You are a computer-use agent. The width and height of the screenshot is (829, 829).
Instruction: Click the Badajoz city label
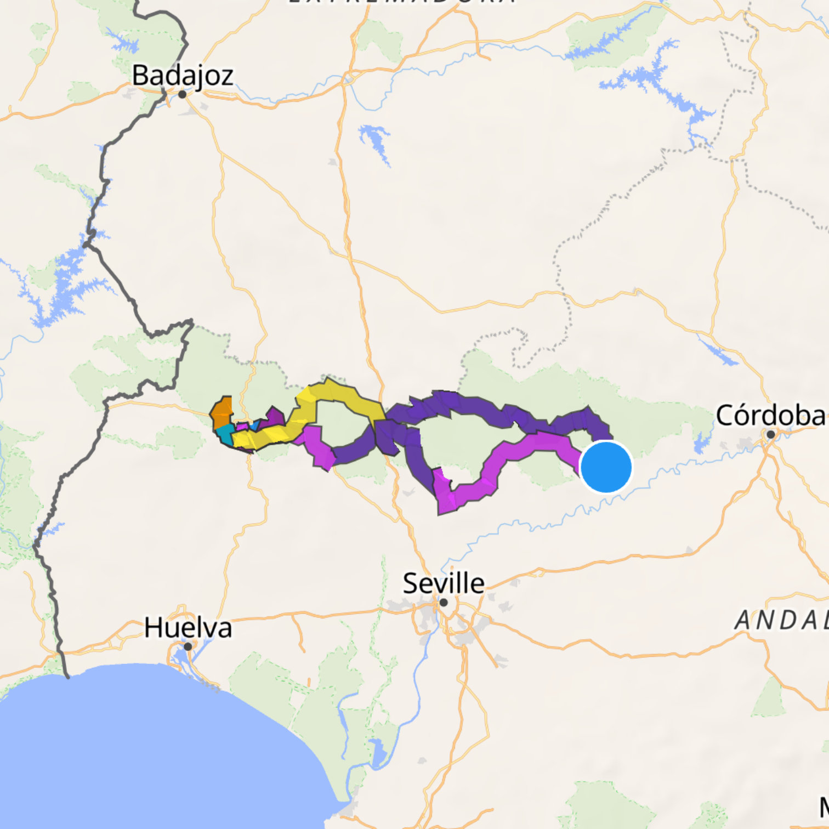(183, 75)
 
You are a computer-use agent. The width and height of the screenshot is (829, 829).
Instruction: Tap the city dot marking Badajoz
(183, 94)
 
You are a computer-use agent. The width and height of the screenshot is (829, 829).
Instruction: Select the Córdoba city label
(771, 416)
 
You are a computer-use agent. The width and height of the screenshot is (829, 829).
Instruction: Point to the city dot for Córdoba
(770, 435)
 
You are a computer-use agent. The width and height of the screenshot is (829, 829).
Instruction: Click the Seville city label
(444, 583)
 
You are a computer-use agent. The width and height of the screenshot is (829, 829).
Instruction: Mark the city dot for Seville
(444, 603)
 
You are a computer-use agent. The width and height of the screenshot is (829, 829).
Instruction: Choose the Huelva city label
(188, 628)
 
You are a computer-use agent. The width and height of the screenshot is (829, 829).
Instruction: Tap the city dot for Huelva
(188, 647)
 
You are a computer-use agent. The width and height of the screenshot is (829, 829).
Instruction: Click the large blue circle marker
(606, 467)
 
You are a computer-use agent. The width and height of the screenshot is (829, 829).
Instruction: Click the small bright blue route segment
(254, 425)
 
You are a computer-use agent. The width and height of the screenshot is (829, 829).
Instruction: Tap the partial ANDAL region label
(781, 621)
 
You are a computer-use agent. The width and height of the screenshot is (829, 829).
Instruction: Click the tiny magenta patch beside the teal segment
(242, 427)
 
